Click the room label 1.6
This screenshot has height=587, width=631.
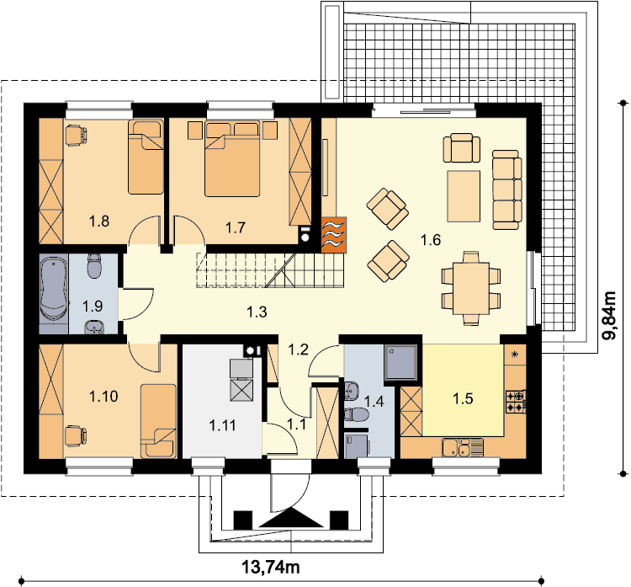point(431,240)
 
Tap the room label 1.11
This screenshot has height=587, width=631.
point(223,425)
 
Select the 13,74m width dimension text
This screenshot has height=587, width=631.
point(271,568)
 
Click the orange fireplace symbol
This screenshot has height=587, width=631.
point(334,235)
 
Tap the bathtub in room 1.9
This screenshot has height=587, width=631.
point(53,290)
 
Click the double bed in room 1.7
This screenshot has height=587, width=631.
point(232,159)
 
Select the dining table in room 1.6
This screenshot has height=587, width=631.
point(471,288)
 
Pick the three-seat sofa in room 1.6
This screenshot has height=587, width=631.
point(507,189)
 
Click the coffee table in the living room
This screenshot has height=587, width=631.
point(464,196)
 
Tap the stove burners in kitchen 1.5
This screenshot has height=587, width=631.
point(515,401)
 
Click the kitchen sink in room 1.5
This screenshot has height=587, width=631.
point(463,447)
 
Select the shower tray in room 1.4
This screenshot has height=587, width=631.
point(400,363)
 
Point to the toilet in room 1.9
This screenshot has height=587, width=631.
point(95,266)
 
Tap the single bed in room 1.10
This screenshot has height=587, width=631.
point(158,421)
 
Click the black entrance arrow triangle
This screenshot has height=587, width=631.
point(291,518)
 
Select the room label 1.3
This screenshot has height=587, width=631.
point(257,312)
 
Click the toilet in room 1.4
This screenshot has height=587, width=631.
point(356,414)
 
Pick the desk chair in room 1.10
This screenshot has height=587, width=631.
point(76,436)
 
